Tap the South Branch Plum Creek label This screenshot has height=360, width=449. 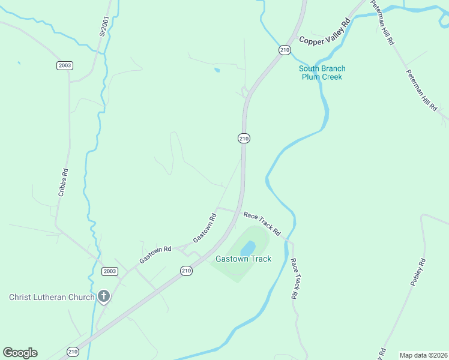pos(322,73)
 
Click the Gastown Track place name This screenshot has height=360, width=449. pos(244,259)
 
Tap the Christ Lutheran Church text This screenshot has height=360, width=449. pos(52,297)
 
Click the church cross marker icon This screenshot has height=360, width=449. pos(104,296)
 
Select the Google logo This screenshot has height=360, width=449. pos(20,353)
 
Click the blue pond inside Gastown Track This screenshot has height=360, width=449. pos(248,247)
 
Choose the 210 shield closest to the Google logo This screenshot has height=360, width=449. pos(73,352)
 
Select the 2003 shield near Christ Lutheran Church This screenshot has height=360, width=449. pos(109,271)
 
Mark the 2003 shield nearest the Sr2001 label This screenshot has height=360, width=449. pos(65,65)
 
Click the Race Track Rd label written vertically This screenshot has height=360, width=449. pos(294,279)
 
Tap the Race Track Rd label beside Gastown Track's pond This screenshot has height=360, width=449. pos(262,223)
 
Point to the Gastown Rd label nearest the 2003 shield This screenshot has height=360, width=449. pos(155,254)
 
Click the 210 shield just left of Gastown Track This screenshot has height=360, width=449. pos(187,271)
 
